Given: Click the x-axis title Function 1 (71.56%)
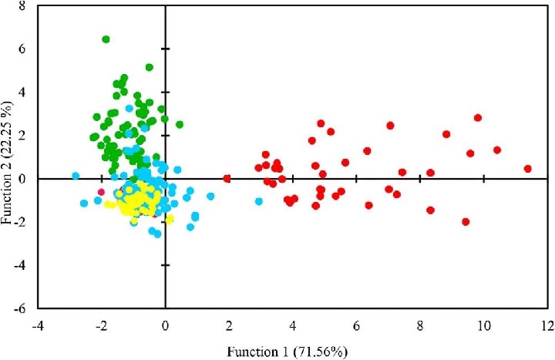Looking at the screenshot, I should point(288,352).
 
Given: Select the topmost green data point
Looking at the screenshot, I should point(106,39).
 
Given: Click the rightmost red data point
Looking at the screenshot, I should point(528,169).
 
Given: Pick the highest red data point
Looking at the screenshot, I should point(478,118).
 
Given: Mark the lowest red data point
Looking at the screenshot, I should point(466,222).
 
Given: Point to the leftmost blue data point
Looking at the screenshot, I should point(76,176).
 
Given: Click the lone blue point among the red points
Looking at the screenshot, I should point(259,201).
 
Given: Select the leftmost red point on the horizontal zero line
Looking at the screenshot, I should point(227,179).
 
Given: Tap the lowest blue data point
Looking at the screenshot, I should point(158,234).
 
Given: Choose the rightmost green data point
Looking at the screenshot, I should point(180,124).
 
